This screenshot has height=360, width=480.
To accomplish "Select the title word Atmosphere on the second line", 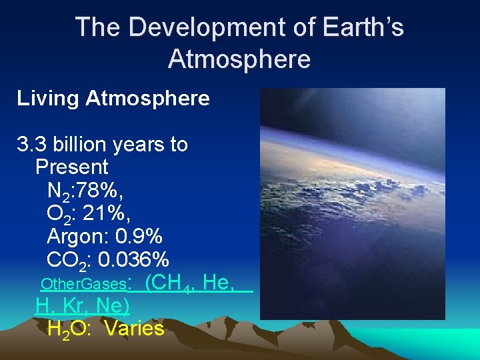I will click(x=239, y=59).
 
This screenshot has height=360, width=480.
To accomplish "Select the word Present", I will click(x=72, y=166).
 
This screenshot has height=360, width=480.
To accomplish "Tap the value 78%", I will click(x=101, y=191).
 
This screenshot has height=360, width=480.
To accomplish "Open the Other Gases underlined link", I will click(x=83, y=284).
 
